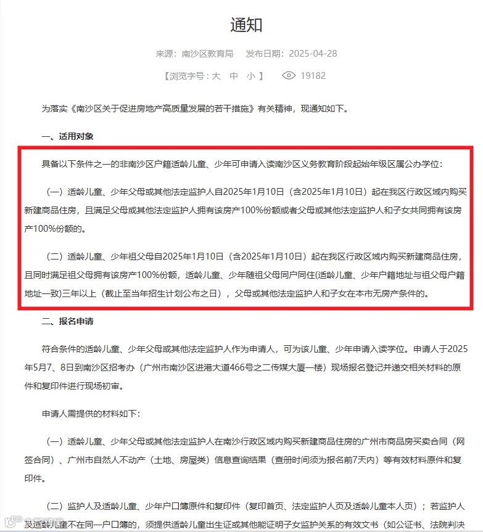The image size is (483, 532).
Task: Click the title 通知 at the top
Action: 246,25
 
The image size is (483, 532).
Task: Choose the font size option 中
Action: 234,76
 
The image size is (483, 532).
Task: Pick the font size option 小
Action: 250,76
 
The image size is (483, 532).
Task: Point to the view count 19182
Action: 313,76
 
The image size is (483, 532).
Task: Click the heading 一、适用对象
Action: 67,136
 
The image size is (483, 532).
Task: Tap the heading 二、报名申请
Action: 67,321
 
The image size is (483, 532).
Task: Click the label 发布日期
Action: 265,54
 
